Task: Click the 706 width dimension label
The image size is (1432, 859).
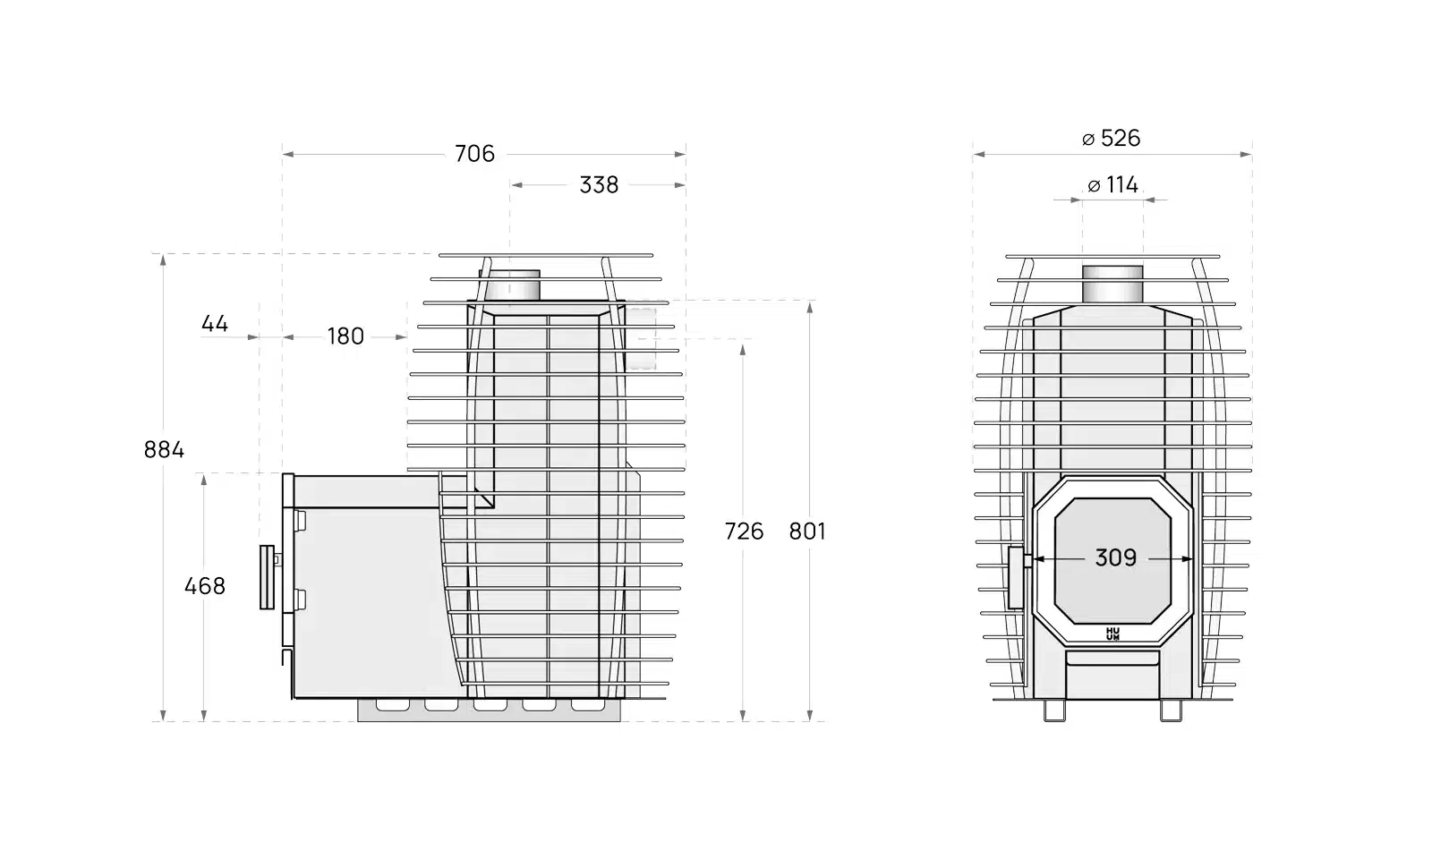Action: [474, 154]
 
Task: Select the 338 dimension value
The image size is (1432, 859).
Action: [599, 185]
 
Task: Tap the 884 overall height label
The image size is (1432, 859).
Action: [164, 450]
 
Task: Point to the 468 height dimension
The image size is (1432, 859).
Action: [205, 586]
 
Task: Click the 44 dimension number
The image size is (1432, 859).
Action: [214, 324]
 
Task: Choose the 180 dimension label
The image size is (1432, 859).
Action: [345, 336]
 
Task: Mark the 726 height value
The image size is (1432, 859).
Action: [744, 532]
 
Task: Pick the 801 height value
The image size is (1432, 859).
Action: [806, 532]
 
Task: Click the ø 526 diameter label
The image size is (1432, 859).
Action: [1111, 138]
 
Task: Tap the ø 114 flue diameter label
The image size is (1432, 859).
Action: [1113, 185]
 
